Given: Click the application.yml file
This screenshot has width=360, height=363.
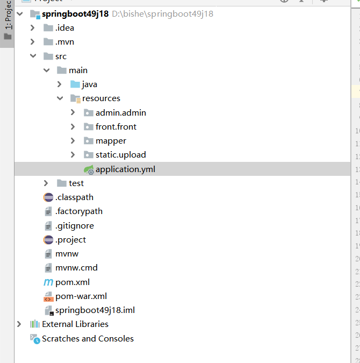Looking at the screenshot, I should (125, 169).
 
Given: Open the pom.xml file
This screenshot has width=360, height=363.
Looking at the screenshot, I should (72, 282).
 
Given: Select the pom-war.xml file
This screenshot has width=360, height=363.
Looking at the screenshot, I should (81, 296).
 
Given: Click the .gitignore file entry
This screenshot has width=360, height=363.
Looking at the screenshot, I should (74, 226).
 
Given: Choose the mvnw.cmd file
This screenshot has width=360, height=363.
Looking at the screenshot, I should (76, 267).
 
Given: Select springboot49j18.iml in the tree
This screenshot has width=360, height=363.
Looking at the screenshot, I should (95, 310).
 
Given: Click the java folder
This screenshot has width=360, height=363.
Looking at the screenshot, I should (89, 84).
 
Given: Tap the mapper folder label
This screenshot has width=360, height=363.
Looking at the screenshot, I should (111, 141).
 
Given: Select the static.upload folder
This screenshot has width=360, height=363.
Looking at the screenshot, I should (120, 155).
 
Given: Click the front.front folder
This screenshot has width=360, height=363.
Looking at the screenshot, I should (116, 127).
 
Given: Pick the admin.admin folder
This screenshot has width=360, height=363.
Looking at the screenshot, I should (120, 113).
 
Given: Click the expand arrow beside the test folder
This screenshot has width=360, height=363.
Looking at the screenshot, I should (46, 183).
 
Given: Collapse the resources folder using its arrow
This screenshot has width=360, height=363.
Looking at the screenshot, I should (60, 98).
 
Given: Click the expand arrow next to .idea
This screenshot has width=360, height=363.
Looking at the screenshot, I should (33, 28).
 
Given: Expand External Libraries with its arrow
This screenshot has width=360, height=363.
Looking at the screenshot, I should (19, 324).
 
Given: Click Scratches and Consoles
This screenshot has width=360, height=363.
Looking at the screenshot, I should (88, 339).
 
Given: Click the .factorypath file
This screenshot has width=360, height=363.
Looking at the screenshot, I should (78, 211).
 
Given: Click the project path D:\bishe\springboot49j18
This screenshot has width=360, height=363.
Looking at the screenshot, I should (162, 14).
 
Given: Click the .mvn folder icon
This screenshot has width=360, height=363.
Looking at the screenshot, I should (48, 42).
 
